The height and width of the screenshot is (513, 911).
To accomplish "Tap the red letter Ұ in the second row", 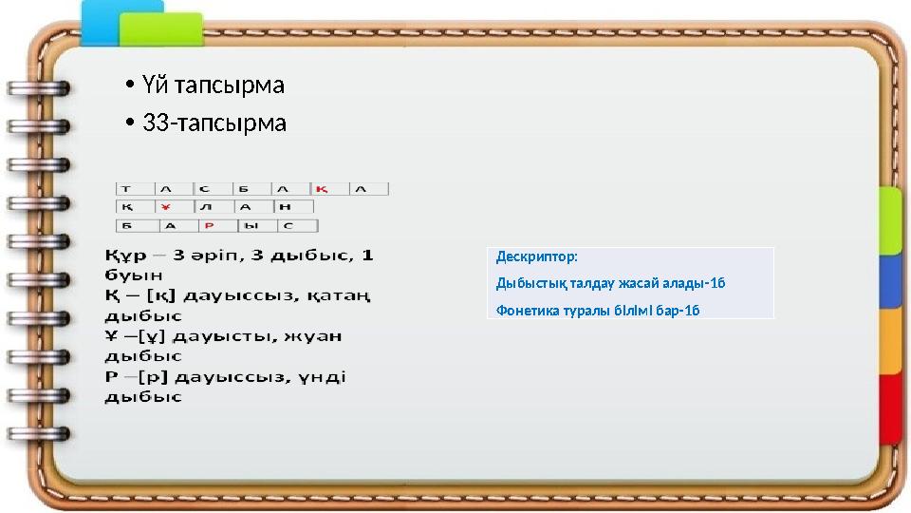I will (165, 207).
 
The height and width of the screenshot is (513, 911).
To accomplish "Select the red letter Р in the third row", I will (208, 226).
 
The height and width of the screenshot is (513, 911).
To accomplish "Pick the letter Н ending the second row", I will (284, 207).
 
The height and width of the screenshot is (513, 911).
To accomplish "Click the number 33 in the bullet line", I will (155, 123).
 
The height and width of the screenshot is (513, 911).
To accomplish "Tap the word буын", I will (127, 275).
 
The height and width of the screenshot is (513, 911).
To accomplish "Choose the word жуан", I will (320, 336).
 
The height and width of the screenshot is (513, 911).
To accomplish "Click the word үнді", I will (323, 377).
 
